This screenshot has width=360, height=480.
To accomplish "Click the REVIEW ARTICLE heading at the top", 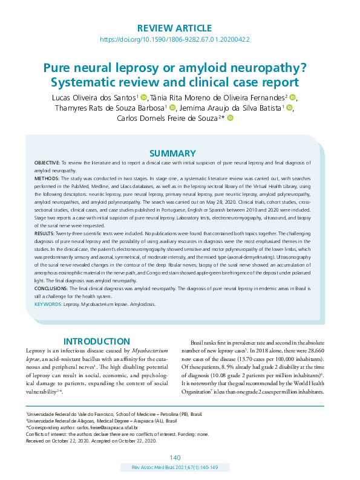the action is coord(174,28).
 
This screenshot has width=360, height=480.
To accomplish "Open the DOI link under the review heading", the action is coord(174,39).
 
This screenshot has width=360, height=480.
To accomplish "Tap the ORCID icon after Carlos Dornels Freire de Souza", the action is coord(230,118).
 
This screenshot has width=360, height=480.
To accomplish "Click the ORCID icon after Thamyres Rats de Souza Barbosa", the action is coord(172,108).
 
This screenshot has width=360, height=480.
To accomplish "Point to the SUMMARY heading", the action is coord(172,154).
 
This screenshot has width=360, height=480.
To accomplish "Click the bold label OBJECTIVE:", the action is coord(47,164).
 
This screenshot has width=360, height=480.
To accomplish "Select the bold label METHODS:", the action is coord(46,180).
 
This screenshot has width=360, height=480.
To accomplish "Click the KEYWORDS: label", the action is coord(48,305).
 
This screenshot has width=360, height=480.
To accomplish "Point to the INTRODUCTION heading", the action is coord(97,342).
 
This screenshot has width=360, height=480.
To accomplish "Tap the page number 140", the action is coord(175,457).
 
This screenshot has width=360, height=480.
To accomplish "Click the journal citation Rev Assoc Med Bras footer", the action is coord(175,468).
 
